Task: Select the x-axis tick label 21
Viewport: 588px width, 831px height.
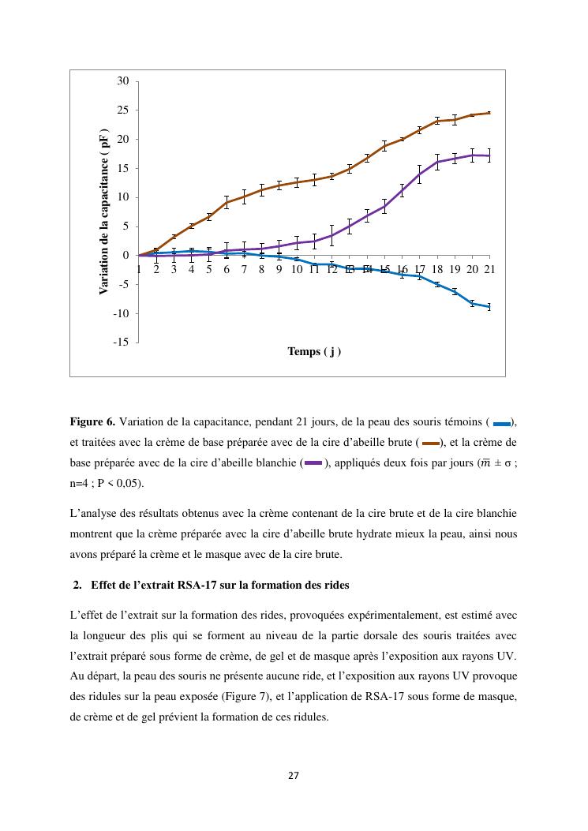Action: (489, 269)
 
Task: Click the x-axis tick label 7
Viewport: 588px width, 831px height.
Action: (244, 269)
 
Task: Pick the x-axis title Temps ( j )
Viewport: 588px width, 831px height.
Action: (314, 352)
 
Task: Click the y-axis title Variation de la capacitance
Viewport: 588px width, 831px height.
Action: (104, 212)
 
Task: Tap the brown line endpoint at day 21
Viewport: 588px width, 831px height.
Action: (489, 113)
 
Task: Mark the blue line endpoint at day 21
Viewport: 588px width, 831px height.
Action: (489, 307)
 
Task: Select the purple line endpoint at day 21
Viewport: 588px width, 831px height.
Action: (489, 155)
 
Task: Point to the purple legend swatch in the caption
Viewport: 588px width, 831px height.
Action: (313, 463)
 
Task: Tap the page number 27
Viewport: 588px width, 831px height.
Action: (294, 775)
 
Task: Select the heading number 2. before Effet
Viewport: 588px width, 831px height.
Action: (77, 586)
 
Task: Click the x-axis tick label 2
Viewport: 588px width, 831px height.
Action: (156, 269)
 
